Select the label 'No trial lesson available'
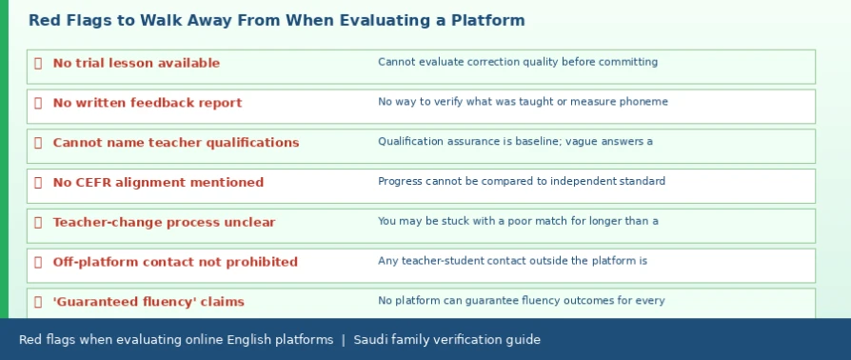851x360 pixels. coord(136,63)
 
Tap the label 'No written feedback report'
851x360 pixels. coord(148,103)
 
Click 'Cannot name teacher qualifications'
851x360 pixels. coord(176,142)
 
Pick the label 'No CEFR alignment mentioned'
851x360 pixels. coord(158,183)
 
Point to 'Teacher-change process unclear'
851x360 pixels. coord(164,222)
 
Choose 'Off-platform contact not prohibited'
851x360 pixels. coord(175,262)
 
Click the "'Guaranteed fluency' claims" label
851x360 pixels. coord(148,301)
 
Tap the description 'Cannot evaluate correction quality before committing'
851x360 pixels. coord(518,62)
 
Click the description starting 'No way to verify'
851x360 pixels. coord(524,102)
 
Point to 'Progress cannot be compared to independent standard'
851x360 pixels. coord(522,181)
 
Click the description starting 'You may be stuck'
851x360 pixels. coord(518,221)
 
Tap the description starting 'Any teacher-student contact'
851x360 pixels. coord(513,261)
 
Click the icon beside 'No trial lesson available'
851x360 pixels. coord(38,63)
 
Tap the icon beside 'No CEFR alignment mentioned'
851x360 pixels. coord(38,183)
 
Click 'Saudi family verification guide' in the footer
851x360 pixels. coord(446,340)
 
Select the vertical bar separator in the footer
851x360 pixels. coord(343,340)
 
